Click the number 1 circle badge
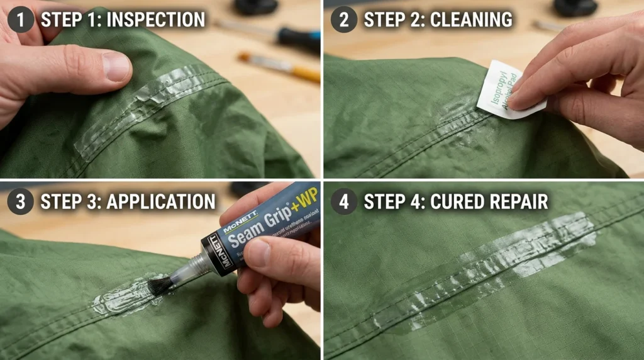coord(20,19)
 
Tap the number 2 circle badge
coord(343,19)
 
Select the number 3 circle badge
coord(20,201)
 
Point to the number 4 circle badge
coord(343,201)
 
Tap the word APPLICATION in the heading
coord(161,202)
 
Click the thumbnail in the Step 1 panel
coord(117,67)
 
